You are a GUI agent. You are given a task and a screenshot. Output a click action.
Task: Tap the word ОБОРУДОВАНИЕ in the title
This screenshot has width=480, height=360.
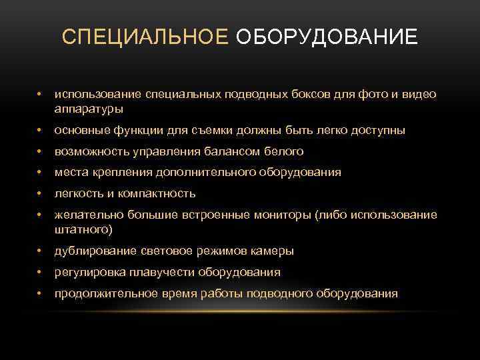pyautogui.click(x=327, y=36)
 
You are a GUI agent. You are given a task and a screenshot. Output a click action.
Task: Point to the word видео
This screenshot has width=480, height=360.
pyautogui.click(x=421, y=94)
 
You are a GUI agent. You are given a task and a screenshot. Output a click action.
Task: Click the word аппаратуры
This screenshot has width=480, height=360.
pyautogui.click(x=89, y=107)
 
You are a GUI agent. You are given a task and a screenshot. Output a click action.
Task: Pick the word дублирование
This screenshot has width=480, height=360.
pyautogui.click(x=96, y=251)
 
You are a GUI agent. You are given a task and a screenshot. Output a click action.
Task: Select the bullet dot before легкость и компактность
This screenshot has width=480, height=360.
pyautogui.click(x=41, y=193)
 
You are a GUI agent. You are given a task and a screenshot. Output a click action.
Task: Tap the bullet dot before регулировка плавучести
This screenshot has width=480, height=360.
pyautogui.click(x=41, y=272)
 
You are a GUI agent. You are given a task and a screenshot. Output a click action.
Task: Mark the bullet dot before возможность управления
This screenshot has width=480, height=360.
pyautogui.click(x=41, y=151)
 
